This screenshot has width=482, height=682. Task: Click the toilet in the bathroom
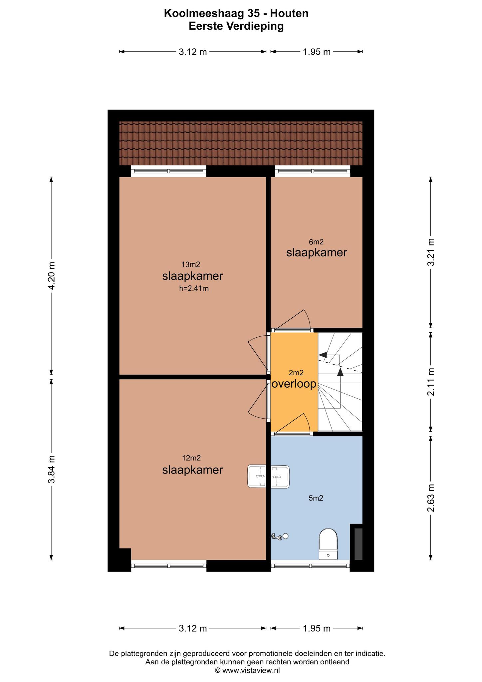tap(328, 543)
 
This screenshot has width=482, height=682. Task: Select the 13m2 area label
tap(191, 264)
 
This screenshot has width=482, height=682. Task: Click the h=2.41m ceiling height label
tap(194, 288)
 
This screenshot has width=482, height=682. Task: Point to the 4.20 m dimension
tap(51, 276)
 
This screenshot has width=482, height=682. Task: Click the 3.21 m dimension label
tap(431, 252)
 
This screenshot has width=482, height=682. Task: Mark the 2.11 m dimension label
tap(431, 382)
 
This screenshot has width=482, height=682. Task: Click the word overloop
tap(294, 384)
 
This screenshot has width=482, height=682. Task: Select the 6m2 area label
tap(316, 242)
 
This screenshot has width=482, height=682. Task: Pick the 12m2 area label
tap(191, 458)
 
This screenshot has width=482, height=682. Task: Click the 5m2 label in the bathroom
tap(316, 498)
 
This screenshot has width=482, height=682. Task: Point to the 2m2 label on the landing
tap(296, 373)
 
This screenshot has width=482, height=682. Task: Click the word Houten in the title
tap(289, 13)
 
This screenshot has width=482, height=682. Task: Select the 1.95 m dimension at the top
tap(317, 52)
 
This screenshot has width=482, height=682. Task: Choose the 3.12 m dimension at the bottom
tap(193, 628)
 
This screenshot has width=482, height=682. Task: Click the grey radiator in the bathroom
tap(358, 543)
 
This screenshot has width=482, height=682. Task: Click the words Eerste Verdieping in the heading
tap(236, 26)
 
